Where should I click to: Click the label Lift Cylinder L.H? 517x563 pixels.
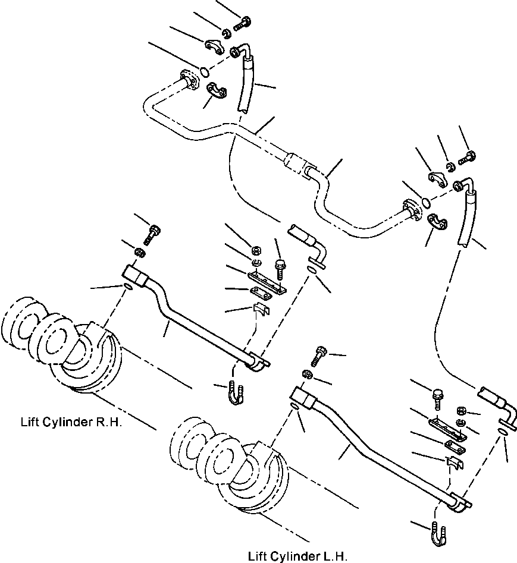point(297,556)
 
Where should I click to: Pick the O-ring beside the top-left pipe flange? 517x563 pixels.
point(204,72)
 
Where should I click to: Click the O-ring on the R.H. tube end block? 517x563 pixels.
point(128,288)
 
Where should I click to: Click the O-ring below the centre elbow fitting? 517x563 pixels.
point(312,271)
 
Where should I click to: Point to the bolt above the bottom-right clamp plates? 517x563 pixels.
point(438,396)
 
